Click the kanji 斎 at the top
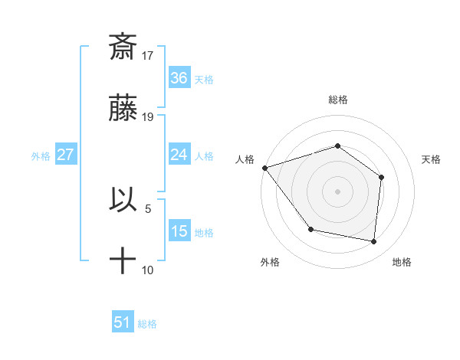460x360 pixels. click(123, 47)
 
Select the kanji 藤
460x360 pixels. click(123, 108)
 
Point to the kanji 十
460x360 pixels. click(123, 260)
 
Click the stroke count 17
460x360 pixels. click(148, 56)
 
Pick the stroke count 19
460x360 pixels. click(148, 117)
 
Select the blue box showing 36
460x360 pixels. click(179, 77)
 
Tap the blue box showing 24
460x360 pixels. click(179, 154)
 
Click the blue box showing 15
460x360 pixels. click(179, 231)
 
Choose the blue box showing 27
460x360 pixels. click(66, 155)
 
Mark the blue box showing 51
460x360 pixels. click(123, 322)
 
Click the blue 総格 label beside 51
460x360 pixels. click(147, 324)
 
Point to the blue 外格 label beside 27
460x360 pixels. click(41, 155)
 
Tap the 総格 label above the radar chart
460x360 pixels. click(338, 100)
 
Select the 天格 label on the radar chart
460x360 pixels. click(431, 159)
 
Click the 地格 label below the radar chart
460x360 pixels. click(402, 262)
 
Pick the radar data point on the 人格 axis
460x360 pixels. click(264, 168)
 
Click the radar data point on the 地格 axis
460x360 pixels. click(373, 241)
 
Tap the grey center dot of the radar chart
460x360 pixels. click(337, 191)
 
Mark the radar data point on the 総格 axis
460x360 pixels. click(337, 146)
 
